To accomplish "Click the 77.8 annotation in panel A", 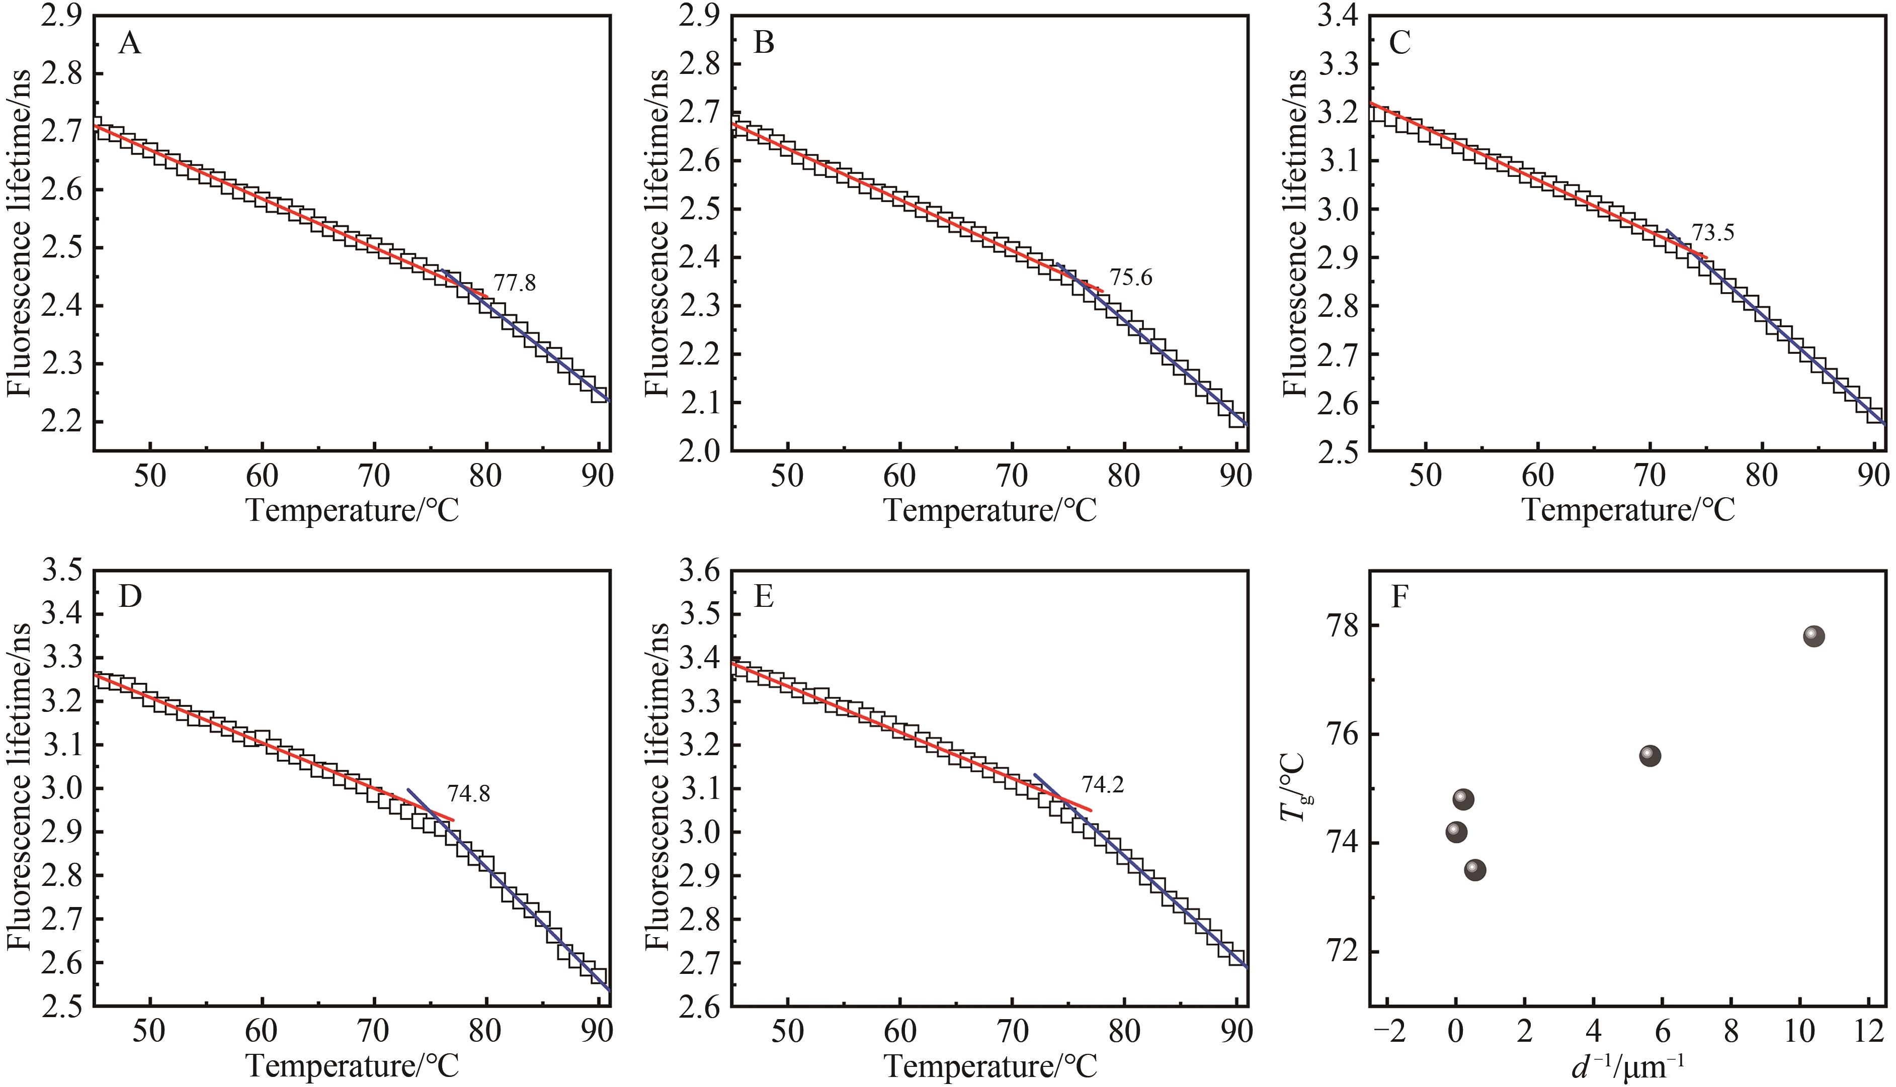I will (x=515, y=283).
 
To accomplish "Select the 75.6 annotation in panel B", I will (x=1130, y=278).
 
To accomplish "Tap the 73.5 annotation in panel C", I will (x=1712, y=233).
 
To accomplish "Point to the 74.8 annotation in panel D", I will (x=468, y=793).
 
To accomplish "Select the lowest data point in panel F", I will (x=1475, y=870).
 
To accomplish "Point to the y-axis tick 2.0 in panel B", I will (x=700, y=451).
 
